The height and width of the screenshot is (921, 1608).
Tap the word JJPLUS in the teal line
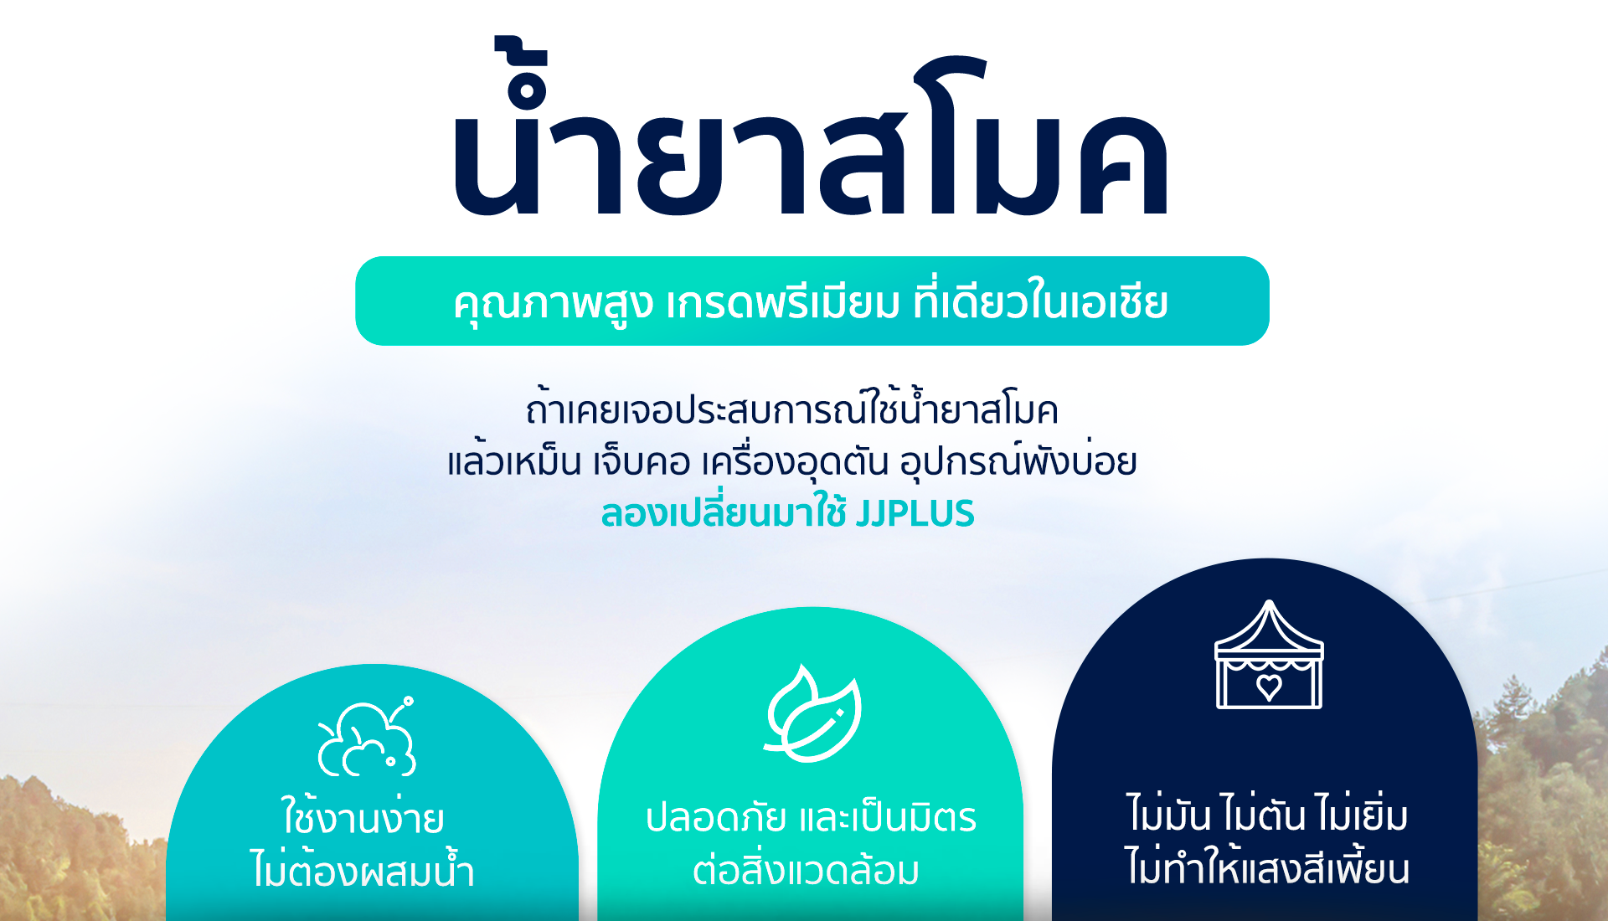pos(915,513)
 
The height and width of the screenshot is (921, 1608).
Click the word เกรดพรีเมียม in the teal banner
pos(782,302)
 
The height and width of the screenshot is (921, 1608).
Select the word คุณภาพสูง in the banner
pos(553,303)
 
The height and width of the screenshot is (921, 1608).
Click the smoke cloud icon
pos(367,737)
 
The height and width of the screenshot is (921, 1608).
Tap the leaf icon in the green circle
pos(812,713)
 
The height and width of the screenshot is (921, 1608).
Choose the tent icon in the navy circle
pos(1269,654)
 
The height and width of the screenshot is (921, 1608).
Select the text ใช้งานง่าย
pos(363,815)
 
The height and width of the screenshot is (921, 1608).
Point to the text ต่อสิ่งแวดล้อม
pos(806,868)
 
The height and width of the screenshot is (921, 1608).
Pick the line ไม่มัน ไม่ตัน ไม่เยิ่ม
pos(1267,813)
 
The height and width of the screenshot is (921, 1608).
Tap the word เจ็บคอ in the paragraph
pos(642,461)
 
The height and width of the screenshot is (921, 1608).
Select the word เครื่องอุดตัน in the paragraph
pos(796,460)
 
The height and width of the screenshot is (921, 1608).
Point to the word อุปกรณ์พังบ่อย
pos(1018,460)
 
